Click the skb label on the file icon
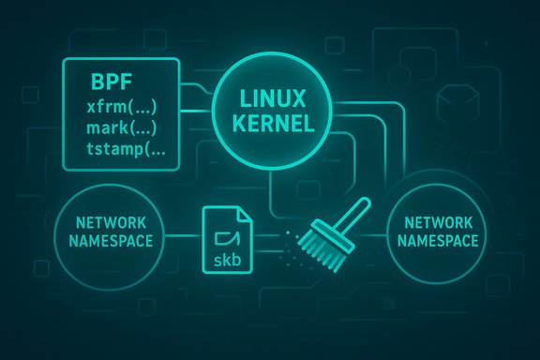[x=227, y=258]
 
